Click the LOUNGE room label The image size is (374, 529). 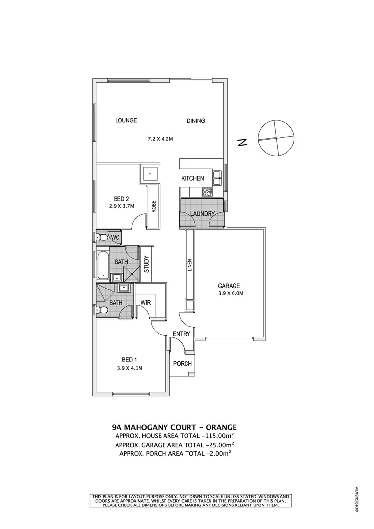point(126,120)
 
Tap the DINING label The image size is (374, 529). point(195,121)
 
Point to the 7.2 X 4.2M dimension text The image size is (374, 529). point(161,139)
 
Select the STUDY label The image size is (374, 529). point(146,264)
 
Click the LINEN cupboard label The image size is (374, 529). point(190,265)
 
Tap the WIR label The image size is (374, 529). point(145,303)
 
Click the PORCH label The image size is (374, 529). point(183,364)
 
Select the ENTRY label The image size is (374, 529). point(181,334)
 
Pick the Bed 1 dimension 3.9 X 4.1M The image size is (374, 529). point(130,368)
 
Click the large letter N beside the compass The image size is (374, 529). point(241,143)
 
